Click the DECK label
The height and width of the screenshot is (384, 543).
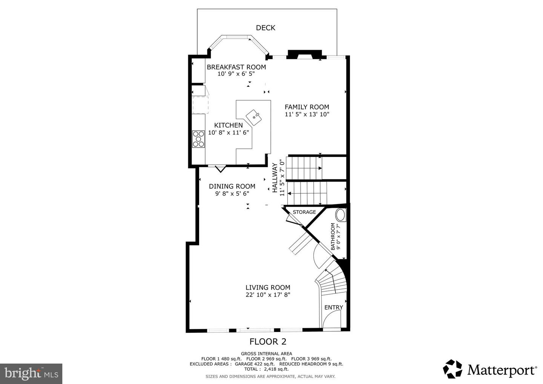[265, 28]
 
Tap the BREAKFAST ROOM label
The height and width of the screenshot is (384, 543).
[236, 67]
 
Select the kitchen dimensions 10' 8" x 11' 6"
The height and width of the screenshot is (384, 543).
[229, 132]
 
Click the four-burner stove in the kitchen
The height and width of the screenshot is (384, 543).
[198, 139]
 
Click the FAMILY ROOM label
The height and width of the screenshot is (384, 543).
[307, 107]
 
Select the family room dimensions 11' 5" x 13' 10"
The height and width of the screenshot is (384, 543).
[307, 114]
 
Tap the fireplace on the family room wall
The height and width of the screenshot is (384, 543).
[304, 55]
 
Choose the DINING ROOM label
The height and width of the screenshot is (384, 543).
[232, 186]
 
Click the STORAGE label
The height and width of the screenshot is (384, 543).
[304, 212]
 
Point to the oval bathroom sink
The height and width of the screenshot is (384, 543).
[341, 215]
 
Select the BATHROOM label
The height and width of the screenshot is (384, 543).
[333, 237]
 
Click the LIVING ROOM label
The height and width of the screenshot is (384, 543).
[268, 287]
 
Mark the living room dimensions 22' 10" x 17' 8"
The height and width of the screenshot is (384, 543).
[268, 295]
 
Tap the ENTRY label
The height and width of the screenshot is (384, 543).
[334, 307]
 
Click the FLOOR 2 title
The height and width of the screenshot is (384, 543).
[268, 342]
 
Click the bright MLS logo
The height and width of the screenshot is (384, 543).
[31, 373]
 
